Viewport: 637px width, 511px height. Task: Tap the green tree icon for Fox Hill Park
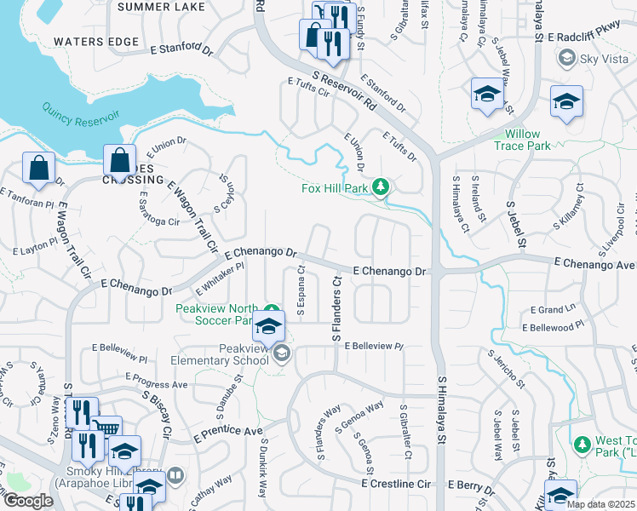382,186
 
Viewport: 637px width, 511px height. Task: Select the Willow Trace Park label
522,140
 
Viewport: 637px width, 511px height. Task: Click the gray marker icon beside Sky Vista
564,58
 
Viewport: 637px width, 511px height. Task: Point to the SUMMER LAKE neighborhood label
161,7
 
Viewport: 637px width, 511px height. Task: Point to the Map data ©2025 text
601,504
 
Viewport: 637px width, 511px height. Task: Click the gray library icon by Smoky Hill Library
175,474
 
